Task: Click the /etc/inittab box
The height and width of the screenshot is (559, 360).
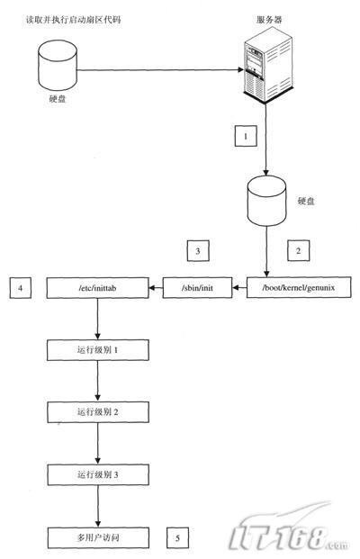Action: (x=98, y=288)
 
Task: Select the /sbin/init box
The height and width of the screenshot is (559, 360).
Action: (x=197, y=288)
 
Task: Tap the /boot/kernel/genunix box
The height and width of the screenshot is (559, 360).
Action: (x=299, y=287)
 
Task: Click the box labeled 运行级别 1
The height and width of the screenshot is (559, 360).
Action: (x=98, y=350)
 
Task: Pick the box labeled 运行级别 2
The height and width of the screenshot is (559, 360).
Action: (x=98, y=412)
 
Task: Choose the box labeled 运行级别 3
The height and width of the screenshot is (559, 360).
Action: (x=98, y=474)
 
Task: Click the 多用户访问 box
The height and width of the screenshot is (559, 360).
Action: (x=98, y=537)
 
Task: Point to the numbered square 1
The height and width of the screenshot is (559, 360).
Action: (x=246, y=136)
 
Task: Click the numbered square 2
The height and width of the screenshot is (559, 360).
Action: (x=299, y=250)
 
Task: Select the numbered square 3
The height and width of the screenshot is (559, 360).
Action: (x=198, y=250)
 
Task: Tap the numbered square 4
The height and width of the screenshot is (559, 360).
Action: (x=21, y=287)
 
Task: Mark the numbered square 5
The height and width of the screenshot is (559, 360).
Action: (x=177, y=537)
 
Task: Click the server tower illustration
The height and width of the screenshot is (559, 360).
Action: (x=267, y=67)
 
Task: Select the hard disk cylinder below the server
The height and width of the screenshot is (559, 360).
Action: (x=266, y=201)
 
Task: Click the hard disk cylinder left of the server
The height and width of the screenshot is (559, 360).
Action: (x=58, y=65)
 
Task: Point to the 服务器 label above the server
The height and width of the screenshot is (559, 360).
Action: (x=269, y=19)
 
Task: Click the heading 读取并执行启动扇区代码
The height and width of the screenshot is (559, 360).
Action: (x=74, y=19)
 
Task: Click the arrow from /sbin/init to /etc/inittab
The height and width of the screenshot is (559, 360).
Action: (x=156, y=288)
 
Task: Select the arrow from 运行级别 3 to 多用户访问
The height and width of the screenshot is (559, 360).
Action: (x=98, y=506)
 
